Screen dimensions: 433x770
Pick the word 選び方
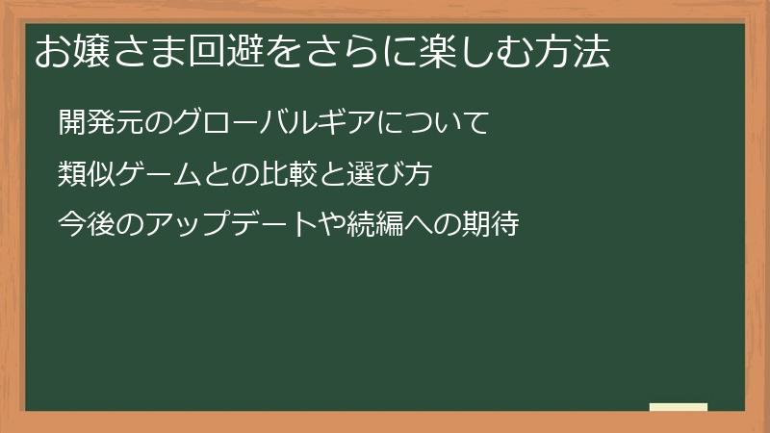pyautogui.click(x=385, y=174)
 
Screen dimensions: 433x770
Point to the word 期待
pyautogui.click(x=494, y=225)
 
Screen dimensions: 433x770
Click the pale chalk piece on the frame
pyautogui.click(x=679, y=407)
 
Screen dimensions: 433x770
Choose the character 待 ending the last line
pyautogui.click(x=507, y=225)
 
